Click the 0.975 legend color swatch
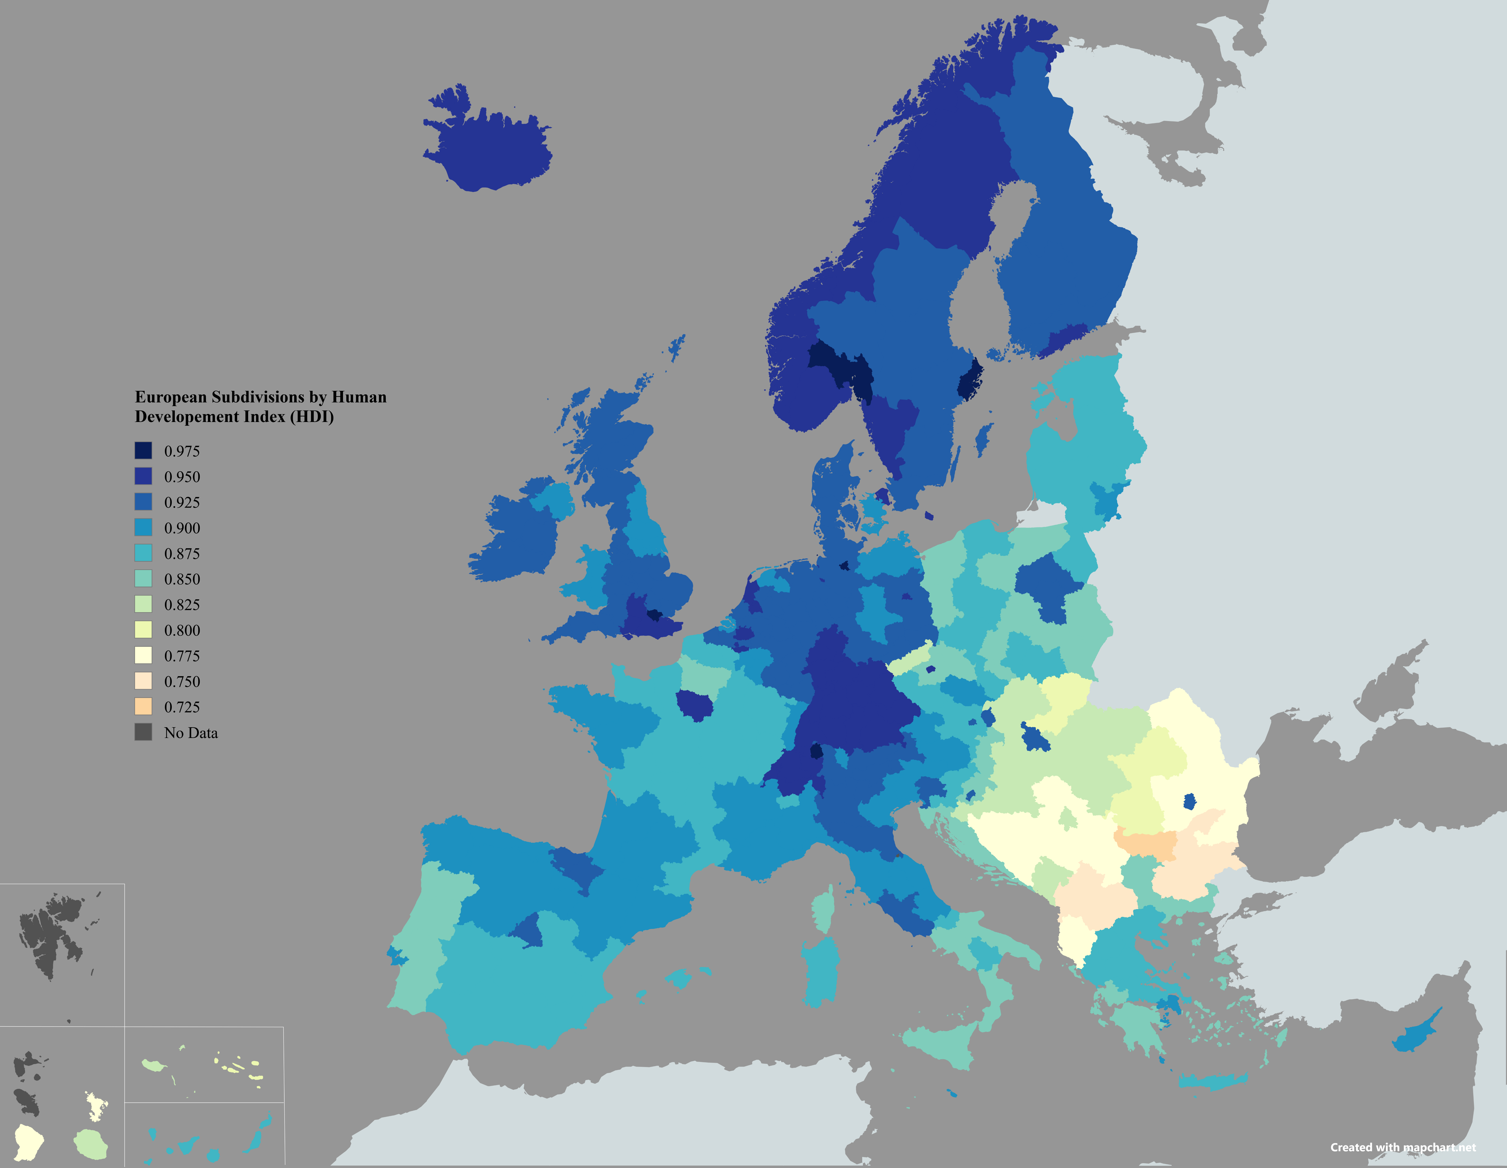coord(143,451)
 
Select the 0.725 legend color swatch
coord(143,707)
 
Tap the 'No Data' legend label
coord(190,733)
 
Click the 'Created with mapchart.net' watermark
coord(1403,1147)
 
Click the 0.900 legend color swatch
coord(143,528)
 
